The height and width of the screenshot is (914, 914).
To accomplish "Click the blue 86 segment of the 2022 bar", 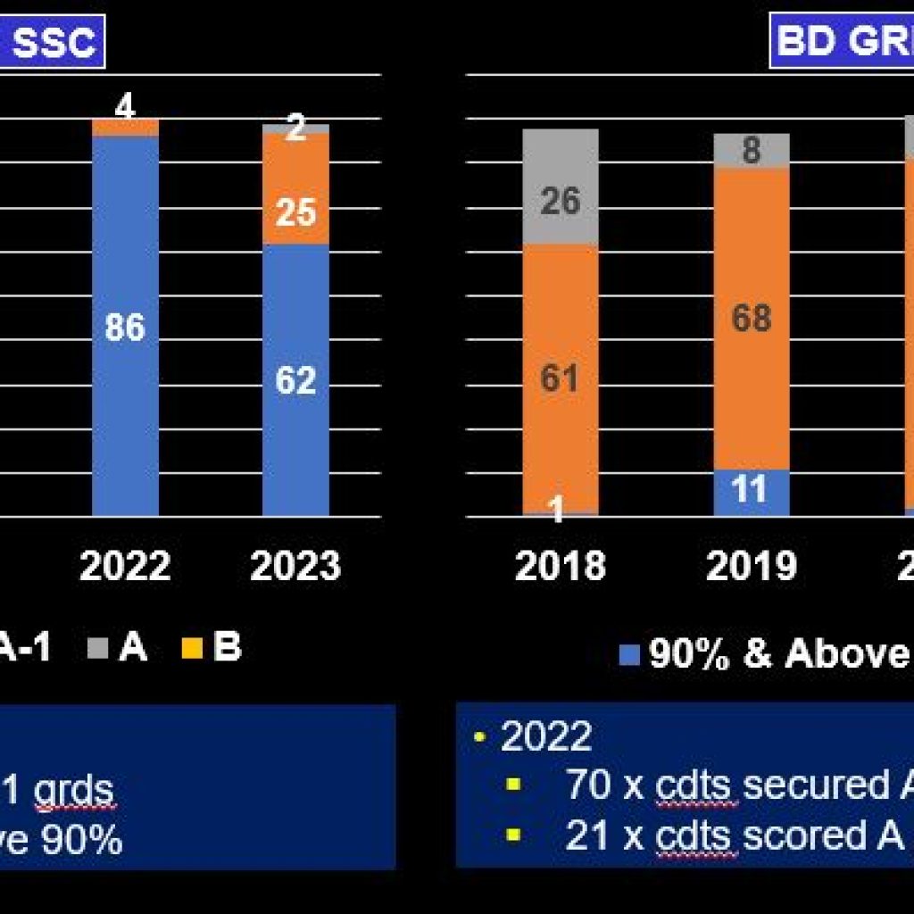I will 125,327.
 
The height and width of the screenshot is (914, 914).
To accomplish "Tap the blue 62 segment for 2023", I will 295,380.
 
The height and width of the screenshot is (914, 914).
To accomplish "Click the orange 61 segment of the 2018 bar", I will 561,378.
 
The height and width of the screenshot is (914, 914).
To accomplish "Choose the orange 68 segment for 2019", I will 751,318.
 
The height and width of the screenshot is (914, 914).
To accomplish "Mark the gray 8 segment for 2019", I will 751,150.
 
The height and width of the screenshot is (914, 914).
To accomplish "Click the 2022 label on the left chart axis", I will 125,566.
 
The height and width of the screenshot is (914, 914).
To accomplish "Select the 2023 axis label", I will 295,566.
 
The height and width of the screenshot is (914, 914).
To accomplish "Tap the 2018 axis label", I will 561,566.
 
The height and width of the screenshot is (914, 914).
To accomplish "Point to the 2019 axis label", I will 751,566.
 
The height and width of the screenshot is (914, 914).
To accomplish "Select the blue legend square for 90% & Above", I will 630,656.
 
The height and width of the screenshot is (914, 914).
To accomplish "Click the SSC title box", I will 54,42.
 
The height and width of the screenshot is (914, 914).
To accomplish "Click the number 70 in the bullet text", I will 587,785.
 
